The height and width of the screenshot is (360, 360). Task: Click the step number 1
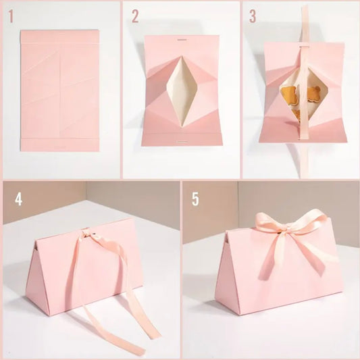pos(11,17)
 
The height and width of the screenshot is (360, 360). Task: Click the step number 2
pos(135,17)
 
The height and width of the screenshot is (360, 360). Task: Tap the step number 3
pos(253,17)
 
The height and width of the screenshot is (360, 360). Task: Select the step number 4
pos(19,200)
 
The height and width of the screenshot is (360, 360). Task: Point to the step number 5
pos(195,200)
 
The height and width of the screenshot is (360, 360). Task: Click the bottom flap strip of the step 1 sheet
pos(60,145)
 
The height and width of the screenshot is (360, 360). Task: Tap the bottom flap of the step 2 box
pos(181,139)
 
